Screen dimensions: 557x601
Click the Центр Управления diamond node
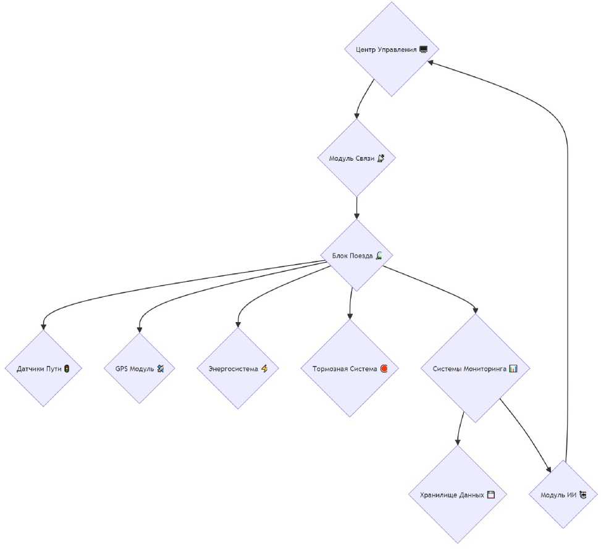[x=392, y=49]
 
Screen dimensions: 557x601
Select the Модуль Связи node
[x=356, y=158]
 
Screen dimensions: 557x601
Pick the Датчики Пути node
[x=43, y=368]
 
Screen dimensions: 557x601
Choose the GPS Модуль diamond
[x=140, y=368]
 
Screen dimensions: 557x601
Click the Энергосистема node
[x=238, y=368]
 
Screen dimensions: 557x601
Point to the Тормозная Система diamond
[x=350, y=368]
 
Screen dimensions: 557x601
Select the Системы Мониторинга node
[x=475, y=368]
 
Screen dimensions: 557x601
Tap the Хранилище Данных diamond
[x=457, y=495]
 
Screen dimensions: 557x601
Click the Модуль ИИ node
[x=563, y=495]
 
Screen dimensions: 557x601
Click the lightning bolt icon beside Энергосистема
[x=264, y=368]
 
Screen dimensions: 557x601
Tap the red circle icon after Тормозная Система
[x=384, y=368]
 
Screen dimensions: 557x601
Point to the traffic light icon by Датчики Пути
[x=66, y=368]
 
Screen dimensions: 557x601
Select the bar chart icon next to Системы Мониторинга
[x=513, y=368]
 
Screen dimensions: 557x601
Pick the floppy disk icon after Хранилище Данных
[x=491, y=495]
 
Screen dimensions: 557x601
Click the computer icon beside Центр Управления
[x=423, y=49]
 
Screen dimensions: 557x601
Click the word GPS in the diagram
[x=122, y=368]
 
